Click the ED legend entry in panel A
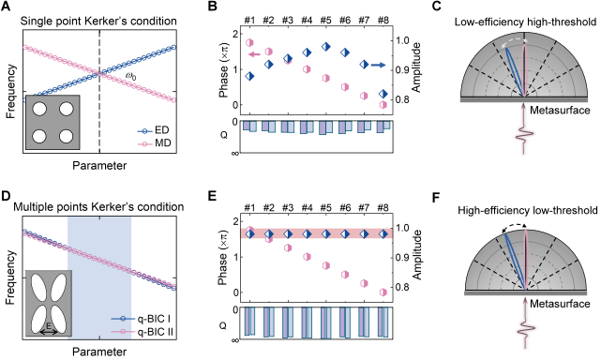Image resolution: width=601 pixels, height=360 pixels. [x=154, y=130]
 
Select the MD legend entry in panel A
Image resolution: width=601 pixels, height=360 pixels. [x=154, y=143]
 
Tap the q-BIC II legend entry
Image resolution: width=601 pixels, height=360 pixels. [x=142, y=331]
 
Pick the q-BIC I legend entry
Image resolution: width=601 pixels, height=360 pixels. [x=141, y=319]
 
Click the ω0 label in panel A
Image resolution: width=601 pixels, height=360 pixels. [x=130, y=77]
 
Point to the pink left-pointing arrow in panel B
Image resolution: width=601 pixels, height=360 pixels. [x=254, y=54]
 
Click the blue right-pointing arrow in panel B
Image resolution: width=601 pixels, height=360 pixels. [x=378, y=66]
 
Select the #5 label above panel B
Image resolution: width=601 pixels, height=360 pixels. [x=325, y=20]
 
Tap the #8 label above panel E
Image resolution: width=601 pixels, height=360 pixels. [x=383, y=207]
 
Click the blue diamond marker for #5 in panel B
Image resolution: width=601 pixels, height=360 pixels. [x=325, y=46]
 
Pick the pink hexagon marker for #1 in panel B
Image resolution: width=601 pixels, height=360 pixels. [x=250, y=42]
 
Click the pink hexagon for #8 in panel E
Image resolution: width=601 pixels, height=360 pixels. [x=383, y=292]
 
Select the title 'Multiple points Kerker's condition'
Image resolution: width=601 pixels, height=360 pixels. [x=98, y=207]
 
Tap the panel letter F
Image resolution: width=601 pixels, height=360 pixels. [x=436, y=198]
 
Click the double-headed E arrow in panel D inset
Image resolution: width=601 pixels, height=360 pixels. [x=49, y=332]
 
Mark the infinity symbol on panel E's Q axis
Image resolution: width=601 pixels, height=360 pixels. [x=236, y=339]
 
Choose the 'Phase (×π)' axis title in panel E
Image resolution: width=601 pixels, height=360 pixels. [x=223, y=257]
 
